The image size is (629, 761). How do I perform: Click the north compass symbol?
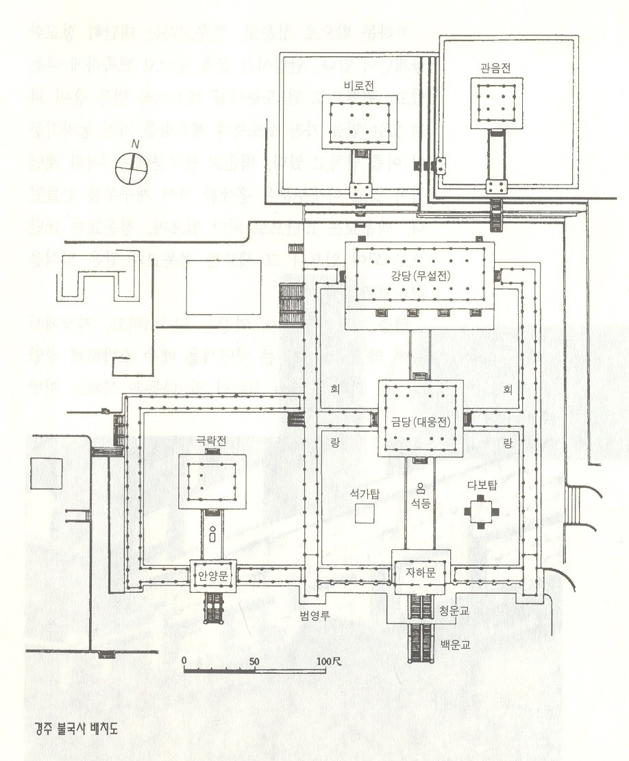(130, 167)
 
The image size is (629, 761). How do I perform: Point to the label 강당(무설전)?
(418, 276)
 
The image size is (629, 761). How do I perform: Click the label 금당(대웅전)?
(419, 422)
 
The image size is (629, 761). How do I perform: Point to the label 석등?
(421, 503)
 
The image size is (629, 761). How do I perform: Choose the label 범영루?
(316, 614)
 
